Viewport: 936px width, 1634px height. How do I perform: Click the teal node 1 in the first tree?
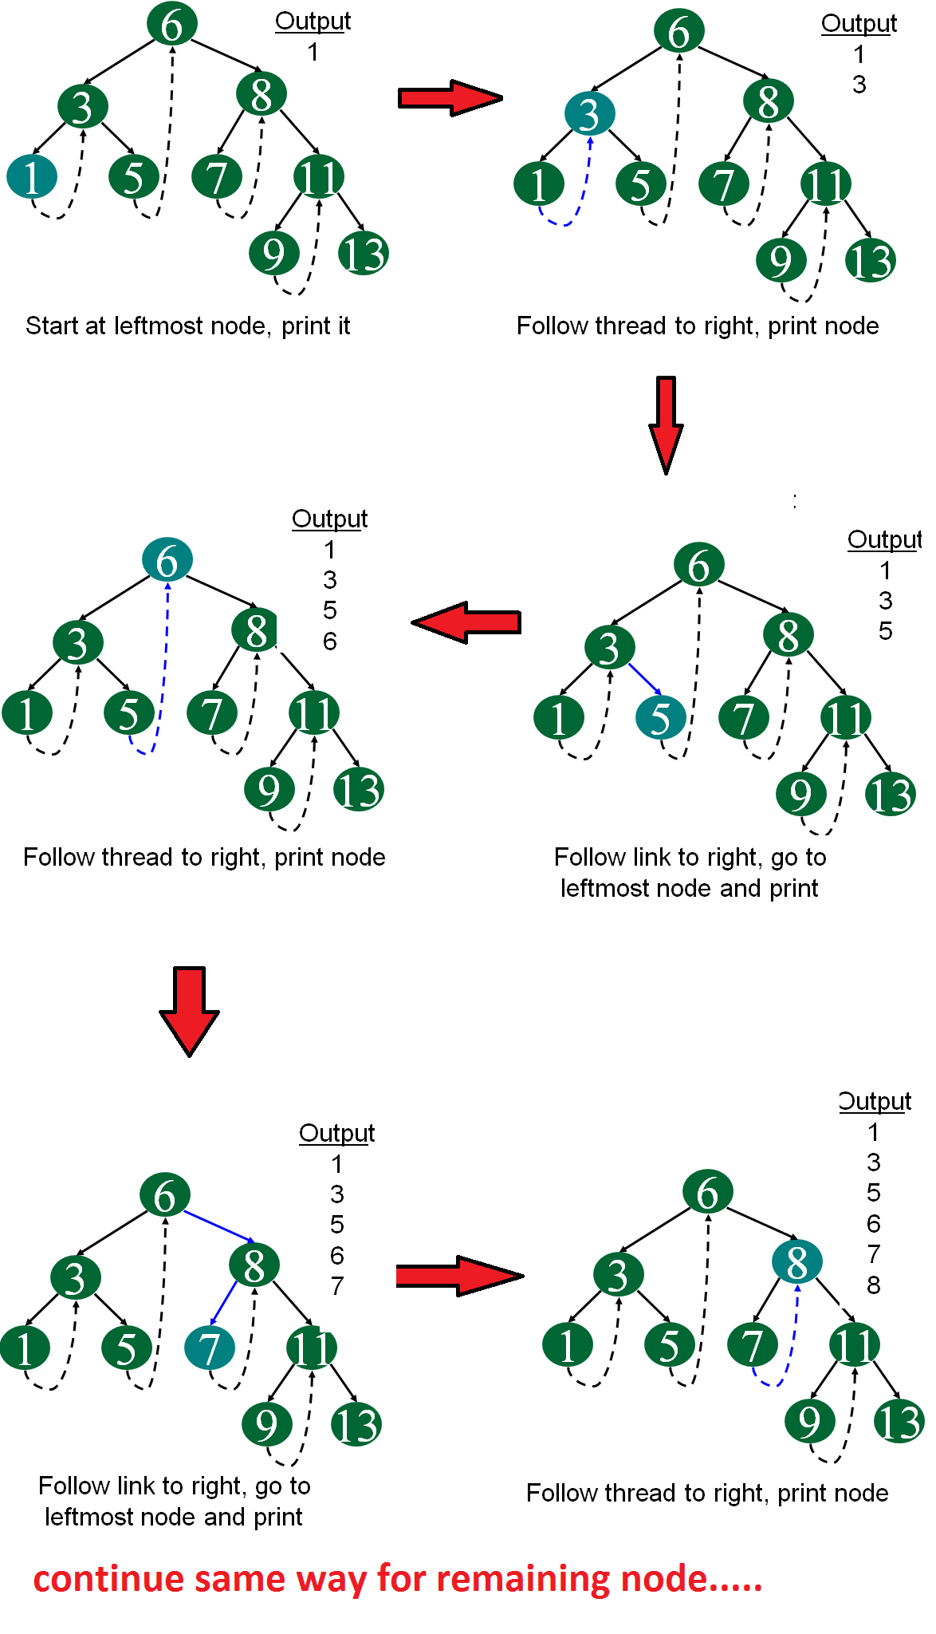tap(32, 177)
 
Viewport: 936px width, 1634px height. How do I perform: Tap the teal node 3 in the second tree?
tap(589, 114)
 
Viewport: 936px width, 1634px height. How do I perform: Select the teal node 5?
tap(660, 718)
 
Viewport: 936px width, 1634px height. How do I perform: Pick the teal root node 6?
tap(167, 560)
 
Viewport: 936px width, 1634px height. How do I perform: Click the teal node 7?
tap(209, 1348)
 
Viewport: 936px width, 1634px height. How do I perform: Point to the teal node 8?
tap(796, 1262)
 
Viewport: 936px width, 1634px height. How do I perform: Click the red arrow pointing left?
tap(466, 622)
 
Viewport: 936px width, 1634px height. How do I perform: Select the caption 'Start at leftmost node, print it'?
tap(187, 326)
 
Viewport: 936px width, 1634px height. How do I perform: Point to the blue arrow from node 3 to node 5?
tap(644, 678)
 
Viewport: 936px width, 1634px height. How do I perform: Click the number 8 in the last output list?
tap(874, 1285)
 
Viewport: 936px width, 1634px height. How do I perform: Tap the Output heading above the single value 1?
tap(313, 22)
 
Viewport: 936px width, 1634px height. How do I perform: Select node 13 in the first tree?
tap(364, 254)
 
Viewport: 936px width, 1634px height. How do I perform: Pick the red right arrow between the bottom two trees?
tap(458, 1276)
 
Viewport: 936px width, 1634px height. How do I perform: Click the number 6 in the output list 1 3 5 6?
tap(329, 641)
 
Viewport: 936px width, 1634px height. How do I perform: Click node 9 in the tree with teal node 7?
tap(266, 1425)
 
